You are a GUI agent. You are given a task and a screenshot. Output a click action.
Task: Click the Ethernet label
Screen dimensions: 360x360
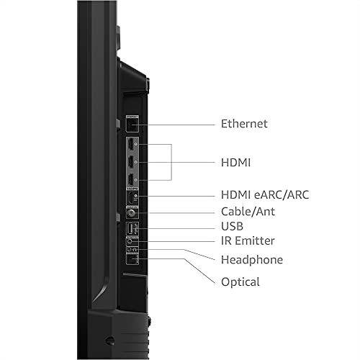243,124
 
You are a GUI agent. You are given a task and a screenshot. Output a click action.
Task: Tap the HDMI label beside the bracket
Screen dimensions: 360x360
237,162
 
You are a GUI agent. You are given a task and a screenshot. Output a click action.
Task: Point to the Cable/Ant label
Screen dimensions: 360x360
248,212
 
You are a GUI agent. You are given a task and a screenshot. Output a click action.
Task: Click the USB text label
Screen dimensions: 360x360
233,227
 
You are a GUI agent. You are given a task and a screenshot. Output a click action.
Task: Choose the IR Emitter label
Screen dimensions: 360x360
247,241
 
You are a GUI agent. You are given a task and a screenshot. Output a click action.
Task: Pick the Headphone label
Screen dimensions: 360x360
251,260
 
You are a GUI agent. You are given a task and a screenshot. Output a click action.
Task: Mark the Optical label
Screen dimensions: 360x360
239,282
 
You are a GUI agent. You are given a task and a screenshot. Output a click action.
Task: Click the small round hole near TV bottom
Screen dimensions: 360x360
109,340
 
